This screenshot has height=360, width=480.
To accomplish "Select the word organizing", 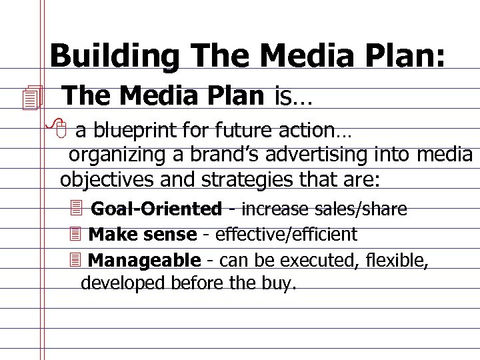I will [117, 155].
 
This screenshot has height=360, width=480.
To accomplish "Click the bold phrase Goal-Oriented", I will [156, 209].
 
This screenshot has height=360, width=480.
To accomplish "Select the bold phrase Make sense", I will [142, 235].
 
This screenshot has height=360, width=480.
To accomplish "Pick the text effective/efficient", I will [286, 235].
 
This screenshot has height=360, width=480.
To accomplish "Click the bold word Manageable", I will [144, 260].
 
